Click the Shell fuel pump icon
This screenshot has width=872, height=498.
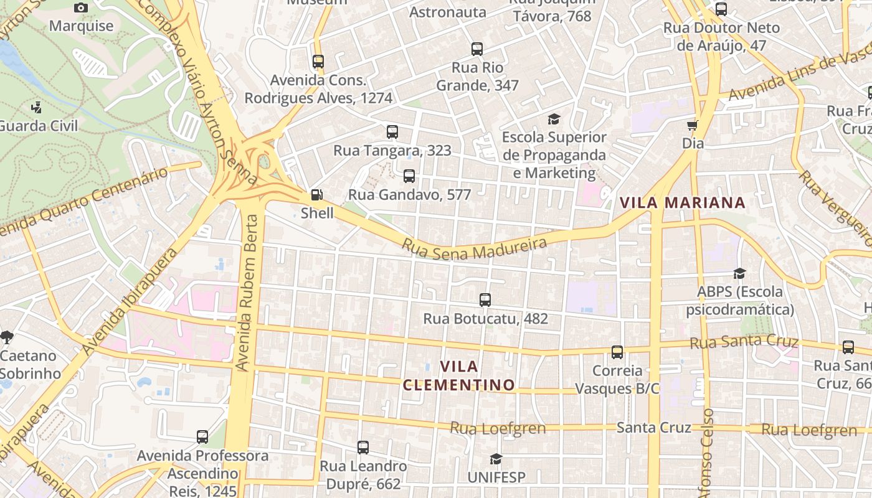[x=317, y=195]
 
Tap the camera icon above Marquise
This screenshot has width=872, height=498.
[x=81, y=7]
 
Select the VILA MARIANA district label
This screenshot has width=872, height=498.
[x=682, y=202]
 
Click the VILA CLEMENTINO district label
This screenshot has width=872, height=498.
[x=459, y=375]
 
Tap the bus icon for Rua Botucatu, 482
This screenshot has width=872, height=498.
[x=485, y=300]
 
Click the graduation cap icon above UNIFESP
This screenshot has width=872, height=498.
[x=496, y=459]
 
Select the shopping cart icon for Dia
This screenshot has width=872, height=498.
[x=692, y=125]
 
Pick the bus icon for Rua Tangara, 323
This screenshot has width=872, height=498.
[x=392, y=132]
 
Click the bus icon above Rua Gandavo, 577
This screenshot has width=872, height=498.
[x=409, y=176]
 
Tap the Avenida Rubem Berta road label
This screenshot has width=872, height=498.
[x=248, y=293]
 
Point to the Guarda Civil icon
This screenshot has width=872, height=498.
[x=37, y=107]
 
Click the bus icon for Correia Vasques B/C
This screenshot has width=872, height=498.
[x=617, y=352]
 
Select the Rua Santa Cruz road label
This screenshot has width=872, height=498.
[x=744, y=342]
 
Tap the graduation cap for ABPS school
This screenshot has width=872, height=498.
[x=739, y=273]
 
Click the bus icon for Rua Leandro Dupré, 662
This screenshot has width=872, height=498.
[x=363, y=448]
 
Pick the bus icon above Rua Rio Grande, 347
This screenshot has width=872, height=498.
[x=477, y=49]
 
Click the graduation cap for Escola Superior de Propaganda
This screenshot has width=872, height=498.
[x=554, y=119]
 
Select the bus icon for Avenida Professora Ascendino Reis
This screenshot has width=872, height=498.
[x=202, y=437]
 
